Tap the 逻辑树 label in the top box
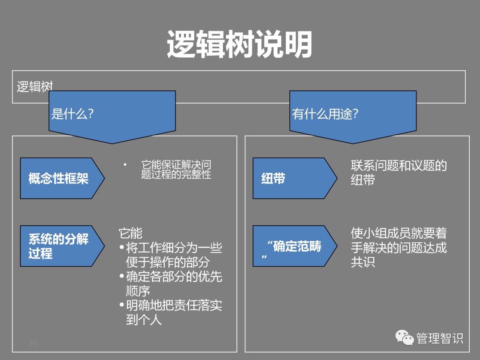[x=35, y=87]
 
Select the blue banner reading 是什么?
[x=112, y=114]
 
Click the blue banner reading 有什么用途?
[x=353, y=114]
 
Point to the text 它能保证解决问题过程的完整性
[x=176, y=170]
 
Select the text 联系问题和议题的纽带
[x=398, y=172]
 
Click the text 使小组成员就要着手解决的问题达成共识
[x=398, y=247]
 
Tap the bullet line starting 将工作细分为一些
[x=171, y=255]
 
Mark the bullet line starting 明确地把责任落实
[x=171, y=312]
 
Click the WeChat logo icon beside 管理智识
[x=405, y=338]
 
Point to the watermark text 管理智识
[x=440, y=339]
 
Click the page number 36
[x=33, y=343]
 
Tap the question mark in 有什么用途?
[x=355, y=114]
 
